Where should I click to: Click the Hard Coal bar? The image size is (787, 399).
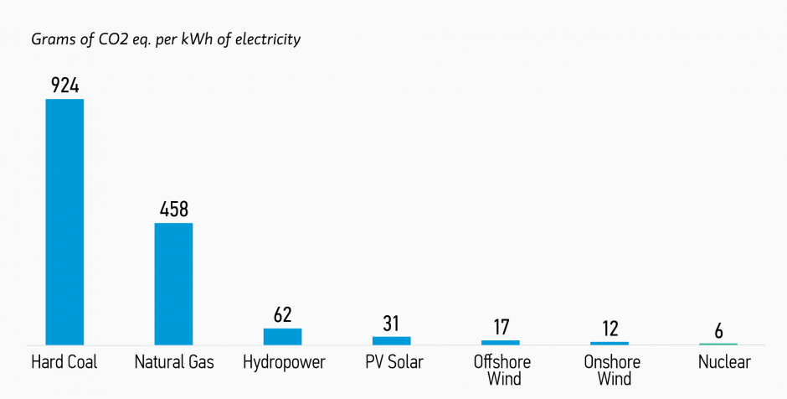pyautogui.click(x=64, y=222)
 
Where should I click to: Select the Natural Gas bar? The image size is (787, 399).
pyautogui.click(x=173, y=283)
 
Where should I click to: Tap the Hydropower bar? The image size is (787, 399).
pyautogui.click(x=282, y=336)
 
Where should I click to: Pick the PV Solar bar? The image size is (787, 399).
pyautogui.click(x=391, y=340)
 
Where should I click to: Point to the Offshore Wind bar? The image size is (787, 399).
pyautogui.click(x=501, y=342)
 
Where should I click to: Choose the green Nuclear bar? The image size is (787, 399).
pyautogui.click(x=718, y=344)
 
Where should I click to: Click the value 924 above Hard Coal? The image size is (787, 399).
pyautogui.click(x=64, y=85)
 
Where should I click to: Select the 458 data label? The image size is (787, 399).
pyautogui.click(x=173, y=210)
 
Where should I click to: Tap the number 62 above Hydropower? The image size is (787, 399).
pyautogui.click(x=282, y=315)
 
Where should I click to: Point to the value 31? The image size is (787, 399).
pyautogui.click(x=391, y=324)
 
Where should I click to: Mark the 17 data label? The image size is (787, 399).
pyautogui.click(x=501, y=328)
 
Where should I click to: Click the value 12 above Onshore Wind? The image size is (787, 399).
pyautogui.click(x=610, y=329)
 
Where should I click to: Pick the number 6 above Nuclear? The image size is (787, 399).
pyautogui.click(x=718, y=331)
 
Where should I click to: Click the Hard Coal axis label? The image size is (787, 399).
pyautogui.click(x=64, y=362)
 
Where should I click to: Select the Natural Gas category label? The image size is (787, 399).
pyautogui.click(x=174, y=362)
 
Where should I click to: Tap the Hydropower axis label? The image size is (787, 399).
pyautogui.click(x=283, y=363)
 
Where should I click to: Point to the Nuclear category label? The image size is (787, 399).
pyautogui.click(x=724, y=362)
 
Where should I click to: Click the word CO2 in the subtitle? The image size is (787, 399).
pyautogui.click(x=115, y=39)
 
